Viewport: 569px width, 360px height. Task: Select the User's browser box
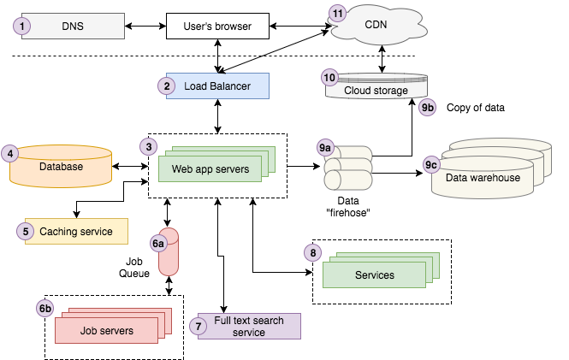(x=217, y=27)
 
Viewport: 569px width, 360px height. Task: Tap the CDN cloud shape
(x=376, y=25)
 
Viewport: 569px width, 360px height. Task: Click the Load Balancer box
(x=217, y=86)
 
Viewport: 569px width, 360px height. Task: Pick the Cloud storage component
(x=376, y=90)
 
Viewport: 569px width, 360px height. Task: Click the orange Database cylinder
(x=61, y=167)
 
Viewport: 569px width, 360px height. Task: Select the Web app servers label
(x=210, y=169)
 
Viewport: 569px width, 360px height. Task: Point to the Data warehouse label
(x=482, y=177)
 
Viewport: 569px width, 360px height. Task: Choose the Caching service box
(x=75, y=231)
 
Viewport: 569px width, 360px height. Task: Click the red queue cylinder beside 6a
(x=169, y=252)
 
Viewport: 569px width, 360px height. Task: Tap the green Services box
(x=374, y=274)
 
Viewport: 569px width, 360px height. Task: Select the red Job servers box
(x=106, y=330)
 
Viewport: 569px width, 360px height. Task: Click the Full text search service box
(x=249, y=326)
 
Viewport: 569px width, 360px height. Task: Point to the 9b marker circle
(x=428, y=108)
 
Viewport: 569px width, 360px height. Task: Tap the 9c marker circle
(x=432, y=164)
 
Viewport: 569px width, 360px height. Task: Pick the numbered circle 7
(x=199, y=326)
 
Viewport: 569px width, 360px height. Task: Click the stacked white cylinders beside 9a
(x=348, y=168)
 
